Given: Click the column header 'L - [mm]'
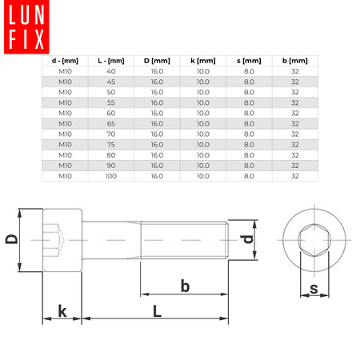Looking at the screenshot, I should click(x=110, y=61).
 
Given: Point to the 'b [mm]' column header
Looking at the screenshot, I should click(x=295, y=61).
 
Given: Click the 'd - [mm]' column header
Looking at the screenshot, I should click(x=65, y=61).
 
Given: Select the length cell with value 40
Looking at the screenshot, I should click(x=110, y=71).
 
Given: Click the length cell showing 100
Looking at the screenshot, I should click(x=110, y=175).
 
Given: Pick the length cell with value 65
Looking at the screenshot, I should click(x=110, y=123).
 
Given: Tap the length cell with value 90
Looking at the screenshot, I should click(x=110, y=165).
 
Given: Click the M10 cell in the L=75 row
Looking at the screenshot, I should click(x=65, y=144).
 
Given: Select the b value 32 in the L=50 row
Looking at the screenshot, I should click(x=295, y=92).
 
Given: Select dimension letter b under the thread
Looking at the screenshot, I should click(x=185, y=286).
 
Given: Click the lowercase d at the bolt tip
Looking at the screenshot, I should click(x=248, y=238).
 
